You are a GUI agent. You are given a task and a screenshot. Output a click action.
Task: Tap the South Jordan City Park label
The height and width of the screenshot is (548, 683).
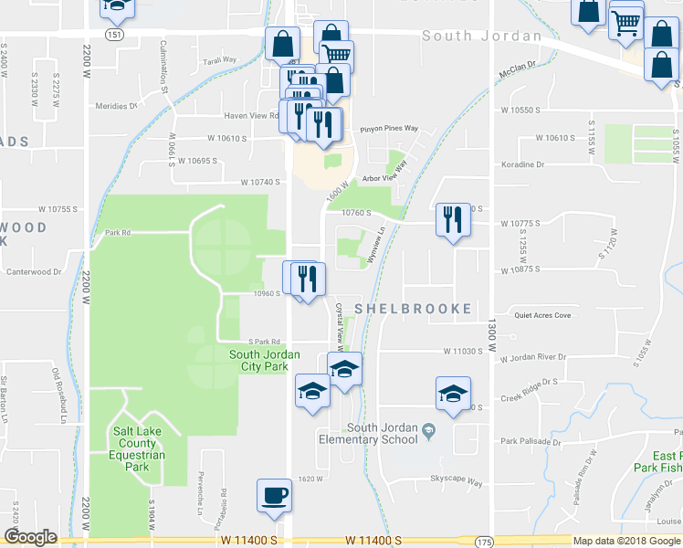pyautogui.click(x=258, y=360)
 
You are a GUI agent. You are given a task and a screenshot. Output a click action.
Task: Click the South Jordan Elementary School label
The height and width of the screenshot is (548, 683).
pyautogui.click(x=382, y=433)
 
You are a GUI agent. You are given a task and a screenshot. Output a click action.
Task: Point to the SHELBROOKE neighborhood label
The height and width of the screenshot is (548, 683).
pyautogui.click(x=413, y=309)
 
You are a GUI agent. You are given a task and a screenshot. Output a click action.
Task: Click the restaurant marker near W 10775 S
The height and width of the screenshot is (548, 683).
pyautogui.click(x=453, y=219)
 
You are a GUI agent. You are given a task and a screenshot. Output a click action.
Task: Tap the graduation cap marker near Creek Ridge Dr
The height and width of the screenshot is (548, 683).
pyautogui.click(x=452, y=394)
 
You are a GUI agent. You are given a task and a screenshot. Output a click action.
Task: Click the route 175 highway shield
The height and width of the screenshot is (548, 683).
pyautogui.click(x=484, y=542)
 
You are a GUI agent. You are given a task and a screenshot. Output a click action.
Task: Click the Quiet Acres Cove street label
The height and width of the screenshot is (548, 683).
pyautogui.click(x=541, y=316)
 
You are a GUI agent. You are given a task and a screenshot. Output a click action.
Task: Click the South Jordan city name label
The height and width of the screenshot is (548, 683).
pyautogui.click(x=481, y=37)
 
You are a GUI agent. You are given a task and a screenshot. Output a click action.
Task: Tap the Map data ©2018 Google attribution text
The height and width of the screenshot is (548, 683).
pyautogui.click(x=626, y=541)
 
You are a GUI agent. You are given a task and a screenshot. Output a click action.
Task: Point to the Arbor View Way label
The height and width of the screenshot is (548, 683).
pyautogui.click(x=384, y=179)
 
